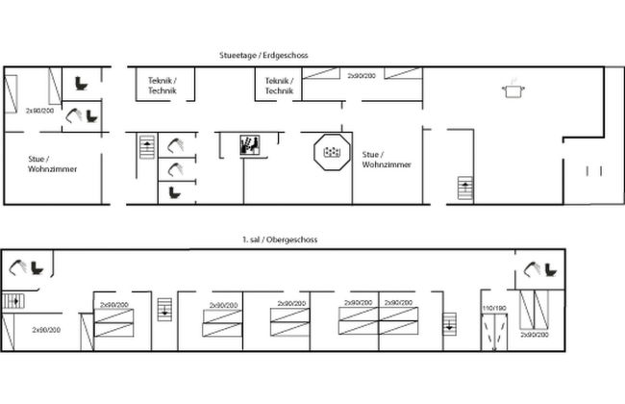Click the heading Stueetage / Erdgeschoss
262,57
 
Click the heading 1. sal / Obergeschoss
280,240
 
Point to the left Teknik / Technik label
162,86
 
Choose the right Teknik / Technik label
278,86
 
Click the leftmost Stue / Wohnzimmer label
53,164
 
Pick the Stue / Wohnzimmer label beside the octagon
387,159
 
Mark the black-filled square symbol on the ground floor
249,145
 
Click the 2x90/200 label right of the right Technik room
362,75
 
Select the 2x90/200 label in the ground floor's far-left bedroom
41,112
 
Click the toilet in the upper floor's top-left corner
38,266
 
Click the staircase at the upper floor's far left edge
12,300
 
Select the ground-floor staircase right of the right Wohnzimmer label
466,189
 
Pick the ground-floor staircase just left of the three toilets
147,149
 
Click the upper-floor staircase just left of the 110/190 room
448,323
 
